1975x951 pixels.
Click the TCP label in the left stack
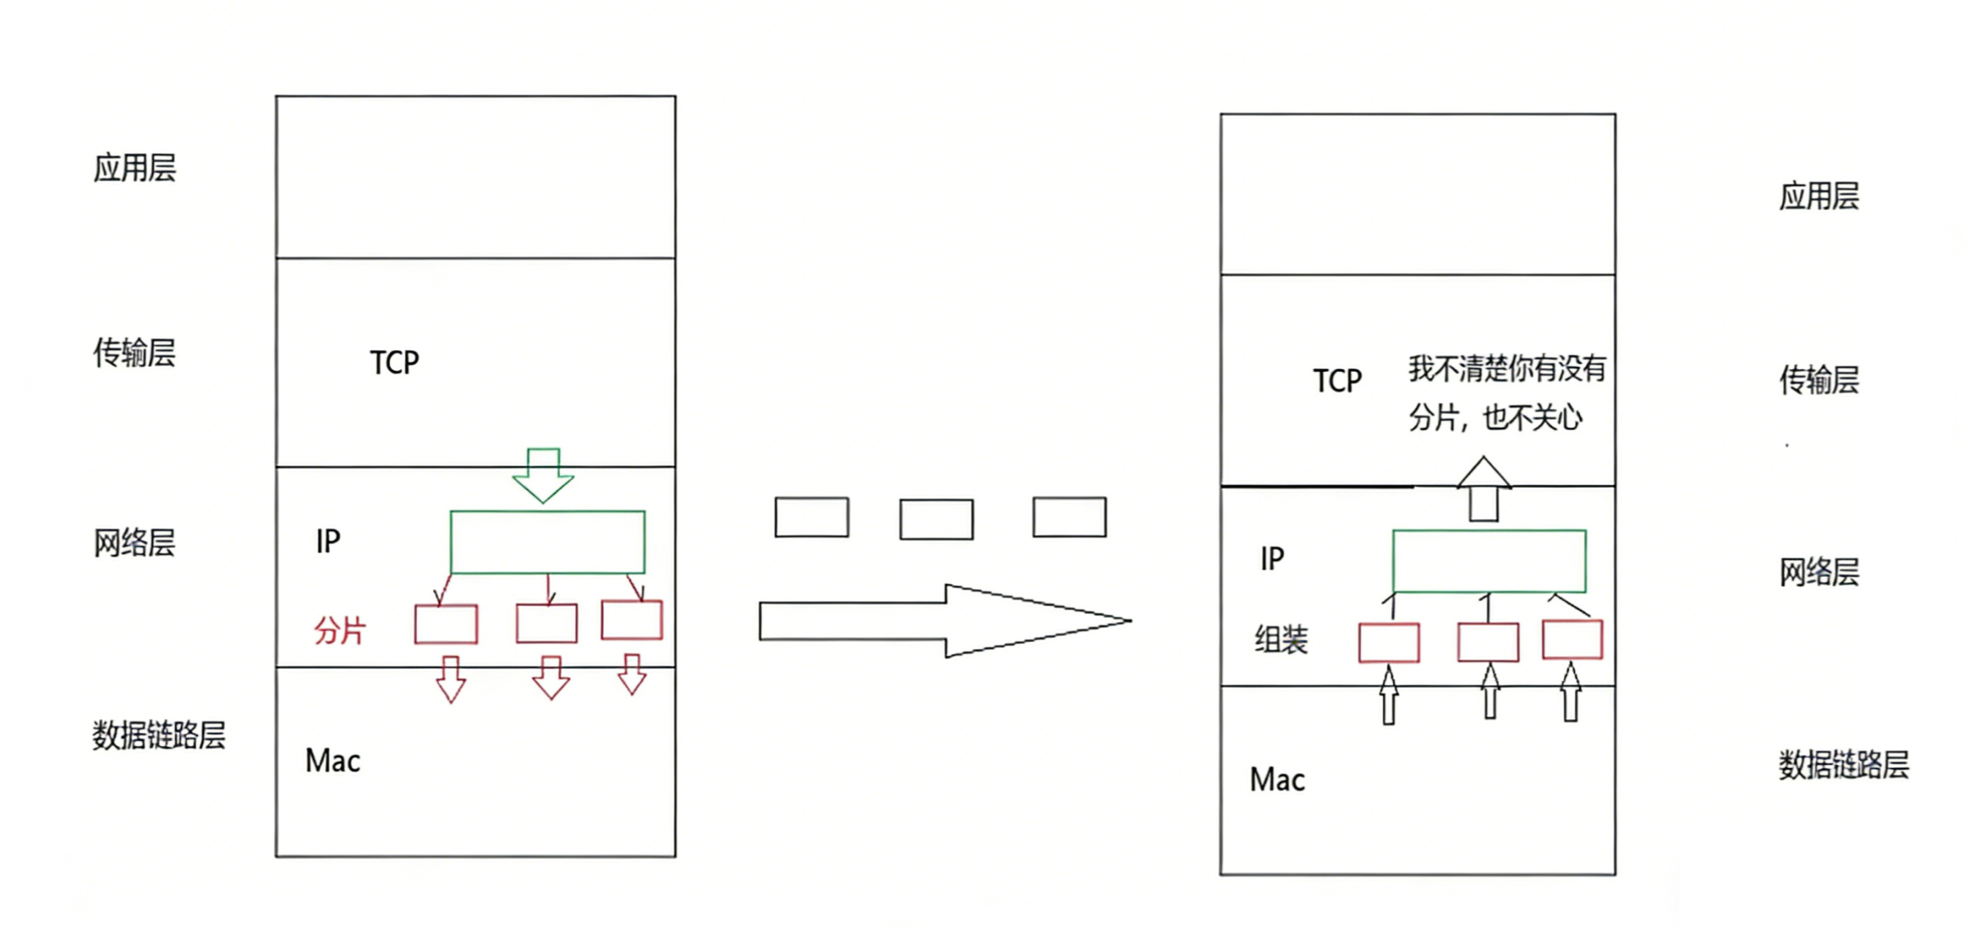[x=394, y=363]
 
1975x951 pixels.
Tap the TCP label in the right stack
[x=1337, y=381]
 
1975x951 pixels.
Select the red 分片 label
[x=340, y=630]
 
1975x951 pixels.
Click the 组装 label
[x=1282, y=640]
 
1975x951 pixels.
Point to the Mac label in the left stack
[x=332, y=761]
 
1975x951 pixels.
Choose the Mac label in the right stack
[x=1277, y=780]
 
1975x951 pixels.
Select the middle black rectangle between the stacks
[x=936, y=519]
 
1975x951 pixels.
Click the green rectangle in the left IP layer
[x=547, y=542]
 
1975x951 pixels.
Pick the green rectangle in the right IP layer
[x=1489, y=561]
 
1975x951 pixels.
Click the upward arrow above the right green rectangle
[x=1483, y=489]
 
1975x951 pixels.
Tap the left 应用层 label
[x=134, y=168]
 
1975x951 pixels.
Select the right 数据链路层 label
[x=1843, y=764]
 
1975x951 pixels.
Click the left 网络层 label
[x=134, y=543]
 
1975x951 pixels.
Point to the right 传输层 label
[x=1819, y=380]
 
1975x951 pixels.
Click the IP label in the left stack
[x=328, y=542]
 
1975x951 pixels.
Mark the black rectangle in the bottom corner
[x=1827, y=887]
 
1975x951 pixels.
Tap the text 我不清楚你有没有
[x=1507, y=368]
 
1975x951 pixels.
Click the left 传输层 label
[x=134, y=353]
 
